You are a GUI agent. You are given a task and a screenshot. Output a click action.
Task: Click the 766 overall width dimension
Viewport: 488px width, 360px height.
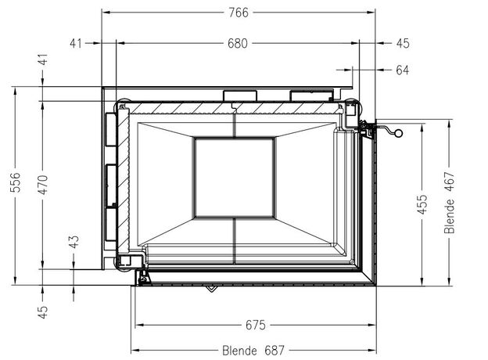click(x=239, y=13)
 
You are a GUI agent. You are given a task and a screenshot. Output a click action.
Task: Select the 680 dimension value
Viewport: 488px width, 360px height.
click(x=238, y=43)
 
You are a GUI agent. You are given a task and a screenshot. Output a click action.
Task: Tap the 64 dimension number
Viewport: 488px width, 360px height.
click(x=403, y=70)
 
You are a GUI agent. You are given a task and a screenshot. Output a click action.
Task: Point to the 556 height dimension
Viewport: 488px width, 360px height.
click(x=16, y=182)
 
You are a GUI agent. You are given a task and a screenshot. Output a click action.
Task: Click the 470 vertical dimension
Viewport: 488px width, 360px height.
click(x=43, y=185)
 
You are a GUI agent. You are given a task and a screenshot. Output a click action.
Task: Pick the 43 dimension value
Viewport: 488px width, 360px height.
click(x=74, y=242)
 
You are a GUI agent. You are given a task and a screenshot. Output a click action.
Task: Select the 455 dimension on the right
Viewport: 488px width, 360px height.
click(x=422, y=204)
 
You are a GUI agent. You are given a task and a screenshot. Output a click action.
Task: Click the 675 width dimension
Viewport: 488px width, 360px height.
click(x=256, y=325)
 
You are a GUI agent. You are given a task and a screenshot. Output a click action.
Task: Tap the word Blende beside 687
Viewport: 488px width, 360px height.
click(x=239, y=351)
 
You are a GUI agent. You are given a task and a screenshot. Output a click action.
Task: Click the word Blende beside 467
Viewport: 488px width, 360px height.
click(x=450, y=217)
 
